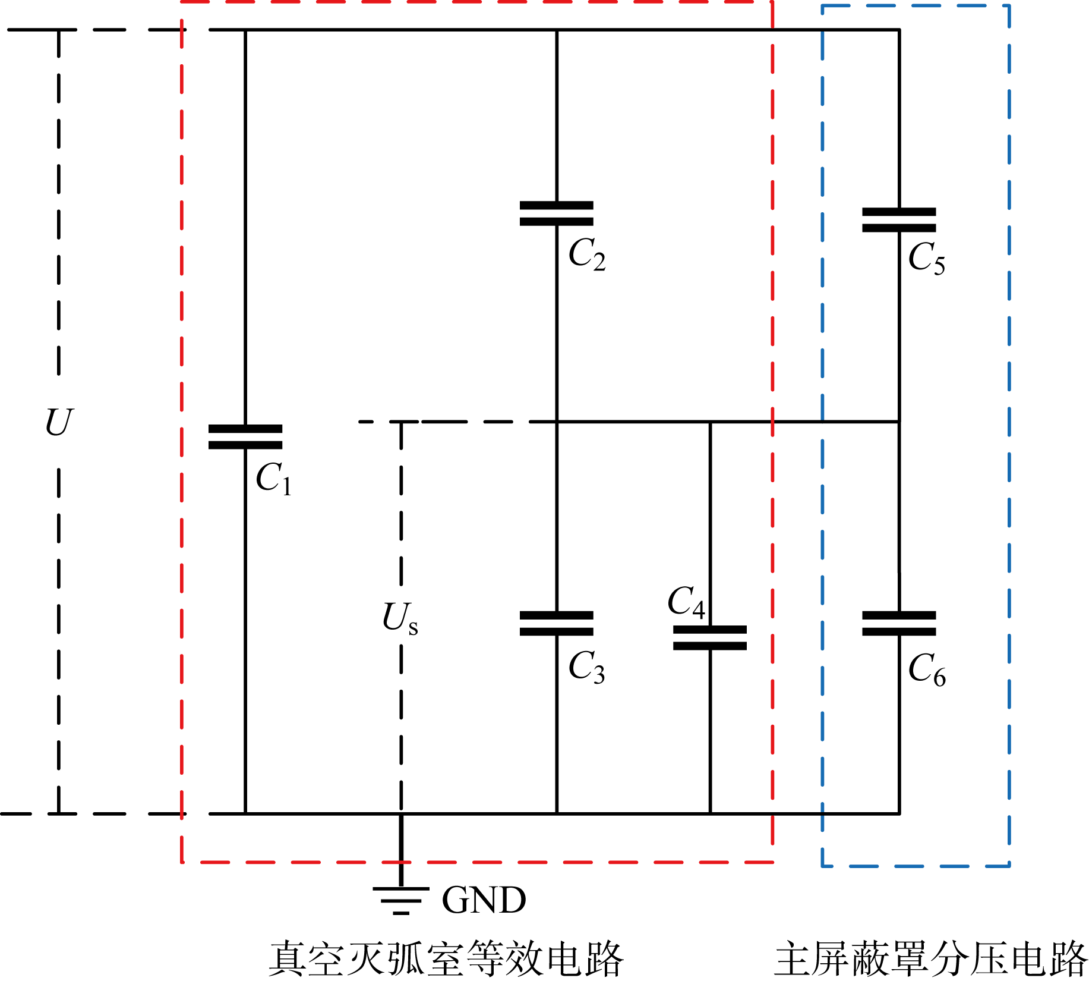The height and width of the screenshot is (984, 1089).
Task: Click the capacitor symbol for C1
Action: click(245, 436)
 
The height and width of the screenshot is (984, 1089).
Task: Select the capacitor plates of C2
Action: click(557, 213)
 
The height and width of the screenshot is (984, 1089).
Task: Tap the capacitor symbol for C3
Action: click(557, 623)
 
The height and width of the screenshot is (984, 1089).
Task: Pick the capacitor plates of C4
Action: click(710, 637)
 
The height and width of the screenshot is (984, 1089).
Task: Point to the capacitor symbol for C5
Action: click(899, 220)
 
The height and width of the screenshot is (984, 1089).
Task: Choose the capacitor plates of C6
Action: click(899, 623)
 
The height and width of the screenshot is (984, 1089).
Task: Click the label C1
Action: click(273, 479)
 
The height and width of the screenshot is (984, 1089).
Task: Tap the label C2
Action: click(587, 254)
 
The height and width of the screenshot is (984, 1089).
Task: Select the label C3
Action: click(586, 667)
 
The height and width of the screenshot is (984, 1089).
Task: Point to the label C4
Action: click(686, 602)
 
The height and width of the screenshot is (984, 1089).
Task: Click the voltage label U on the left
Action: click(59, 423)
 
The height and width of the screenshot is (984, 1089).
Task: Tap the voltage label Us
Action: click(400, 618)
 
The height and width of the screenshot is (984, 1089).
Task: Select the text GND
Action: click(484, 900)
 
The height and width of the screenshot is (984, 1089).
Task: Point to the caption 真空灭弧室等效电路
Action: click(446, 959)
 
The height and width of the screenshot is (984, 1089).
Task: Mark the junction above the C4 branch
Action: click(710, 422)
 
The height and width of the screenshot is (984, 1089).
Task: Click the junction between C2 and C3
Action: click(557, 422)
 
